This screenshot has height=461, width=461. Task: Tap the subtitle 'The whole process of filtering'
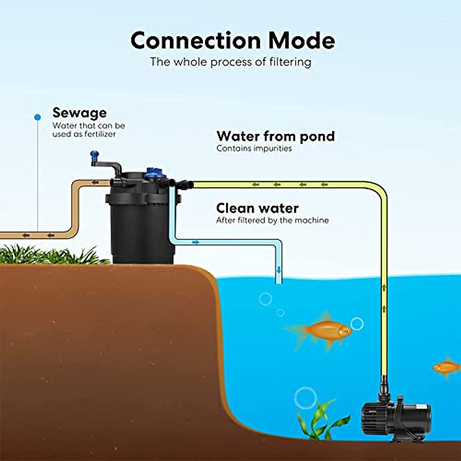230,62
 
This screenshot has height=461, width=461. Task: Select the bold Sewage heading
80,113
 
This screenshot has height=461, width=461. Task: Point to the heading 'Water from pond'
275,136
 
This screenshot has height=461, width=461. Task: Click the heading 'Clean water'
257,208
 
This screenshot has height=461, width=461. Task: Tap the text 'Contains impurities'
254,148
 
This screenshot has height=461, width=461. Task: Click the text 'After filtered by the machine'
272,221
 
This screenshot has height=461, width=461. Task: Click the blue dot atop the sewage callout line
37,117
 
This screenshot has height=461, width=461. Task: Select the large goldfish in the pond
321,330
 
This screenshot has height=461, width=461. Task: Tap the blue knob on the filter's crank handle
94,156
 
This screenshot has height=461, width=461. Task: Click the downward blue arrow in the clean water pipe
279,270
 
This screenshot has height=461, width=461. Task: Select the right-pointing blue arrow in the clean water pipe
196,242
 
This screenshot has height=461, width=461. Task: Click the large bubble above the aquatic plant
305,398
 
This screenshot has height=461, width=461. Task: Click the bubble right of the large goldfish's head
357,323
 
